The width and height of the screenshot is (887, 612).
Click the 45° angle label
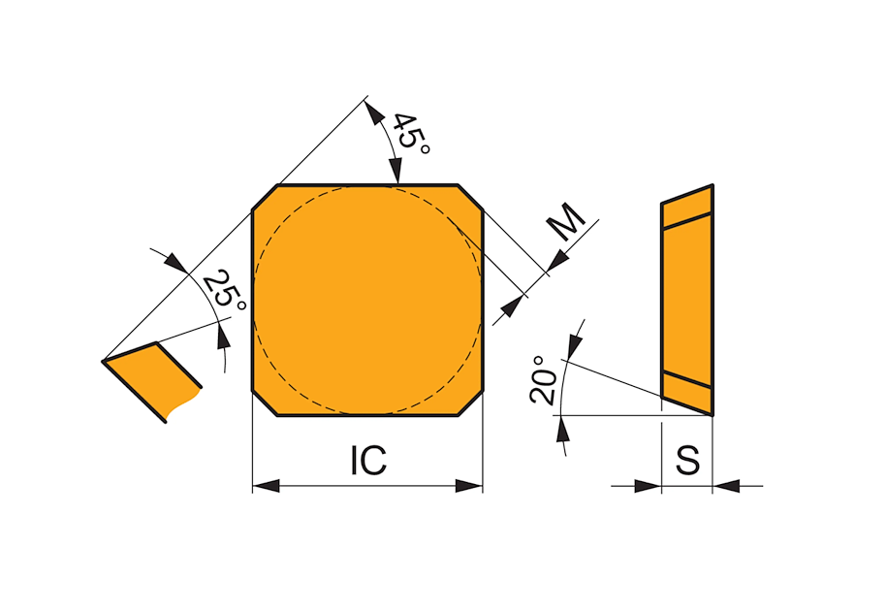(411, 134)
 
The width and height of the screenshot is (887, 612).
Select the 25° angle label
(225, 290)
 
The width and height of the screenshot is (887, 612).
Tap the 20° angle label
(544, 380)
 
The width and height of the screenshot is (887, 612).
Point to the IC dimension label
(368, 460)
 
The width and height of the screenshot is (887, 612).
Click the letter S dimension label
(688, 460)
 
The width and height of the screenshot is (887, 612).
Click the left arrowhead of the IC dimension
(266, 486)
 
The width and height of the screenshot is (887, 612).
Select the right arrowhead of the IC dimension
(469, 486)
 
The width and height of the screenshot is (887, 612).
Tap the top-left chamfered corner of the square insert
(266, 198)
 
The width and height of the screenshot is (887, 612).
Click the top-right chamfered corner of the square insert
(470, 198)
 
